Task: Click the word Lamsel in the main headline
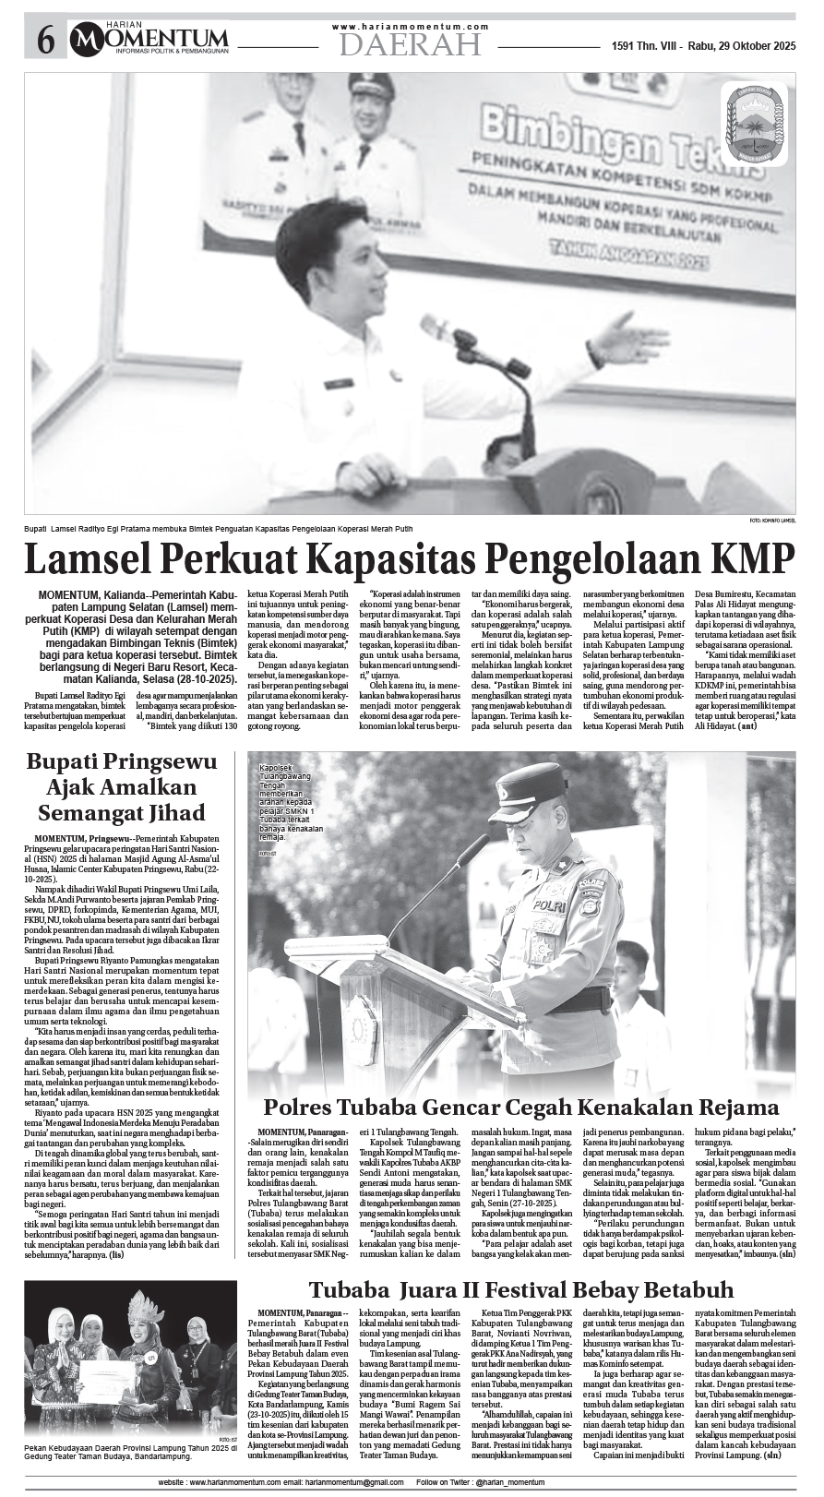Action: point(89,559)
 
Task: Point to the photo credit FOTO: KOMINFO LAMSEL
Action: point(772,521)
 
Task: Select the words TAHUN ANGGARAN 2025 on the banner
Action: point(627,257)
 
